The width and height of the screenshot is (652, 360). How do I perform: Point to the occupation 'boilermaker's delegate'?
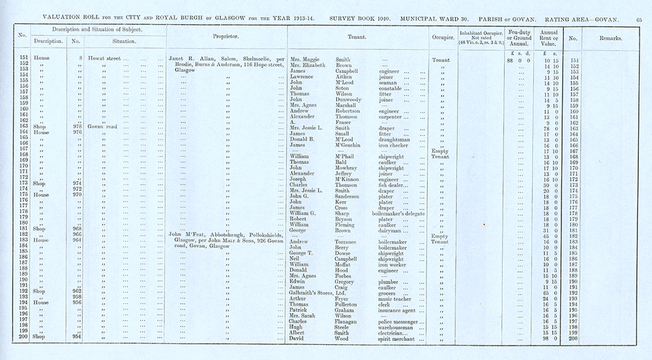click(x=403, y=213)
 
